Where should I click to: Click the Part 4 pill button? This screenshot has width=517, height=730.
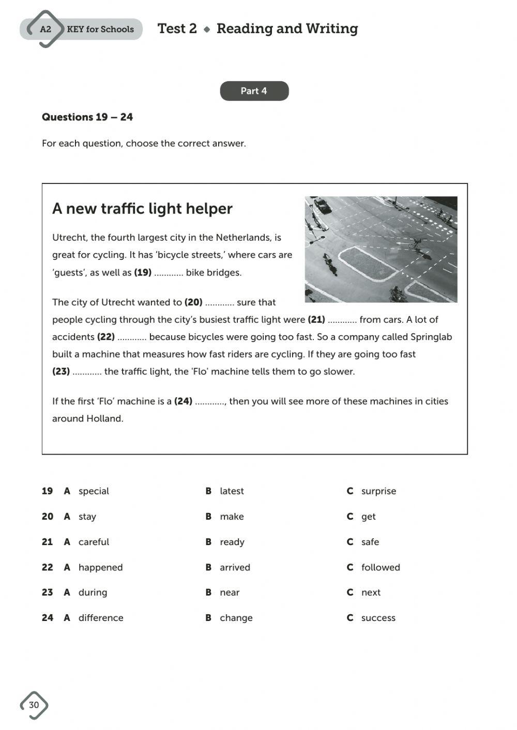[254, 91]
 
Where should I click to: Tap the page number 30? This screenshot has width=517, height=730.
[34, 705]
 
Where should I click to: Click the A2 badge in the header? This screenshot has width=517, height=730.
[46, 29]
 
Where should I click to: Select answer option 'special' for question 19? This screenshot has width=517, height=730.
[94, 491]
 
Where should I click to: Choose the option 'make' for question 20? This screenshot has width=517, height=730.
[232, 516]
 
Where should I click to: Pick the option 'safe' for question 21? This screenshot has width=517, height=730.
[370, 542]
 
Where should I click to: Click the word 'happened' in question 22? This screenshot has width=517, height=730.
[100, 567]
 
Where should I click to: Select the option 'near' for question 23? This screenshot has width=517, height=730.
[230, 593]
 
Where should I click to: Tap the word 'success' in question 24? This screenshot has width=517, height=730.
[378, 618]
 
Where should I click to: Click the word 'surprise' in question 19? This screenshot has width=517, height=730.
[378, 491]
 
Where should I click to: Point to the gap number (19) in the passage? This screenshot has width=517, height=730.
[143, 272]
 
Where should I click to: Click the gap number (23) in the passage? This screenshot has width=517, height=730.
[61, 371]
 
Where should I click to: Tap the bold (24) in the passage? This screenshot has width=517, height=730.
[183, 401]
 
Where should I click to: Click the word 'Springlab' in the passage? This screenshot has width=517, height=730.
[431, 337]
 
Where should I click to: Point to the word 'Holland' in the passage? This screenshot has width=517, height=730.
[104, 418]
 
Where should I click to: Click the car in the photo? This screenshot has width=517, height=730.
[323, 206]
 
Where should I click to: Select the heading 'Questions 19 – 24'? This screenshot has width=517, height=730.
[87, 117]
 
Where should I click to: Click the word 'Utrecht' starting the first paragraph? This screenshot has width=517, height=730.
[69, 238]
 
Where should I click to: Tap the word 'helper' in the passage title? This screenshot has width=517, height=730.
[209, 209]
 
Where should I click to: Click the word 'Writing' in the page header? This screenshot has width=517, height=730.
[331, 28]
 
